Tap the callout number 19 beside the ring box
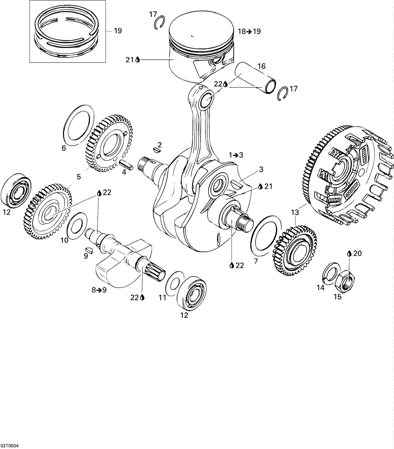[x=118, y=31]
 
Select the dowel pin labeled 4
[x=127, y=165]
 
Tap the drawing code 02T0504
[x=9, y=446]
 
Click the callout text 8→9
[x=99, y=290]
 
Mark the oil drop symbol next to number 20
[x=349, y=254]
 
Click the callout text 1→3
[x=236, y=155]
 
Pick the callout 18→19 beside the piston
[x=249, y=31]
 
